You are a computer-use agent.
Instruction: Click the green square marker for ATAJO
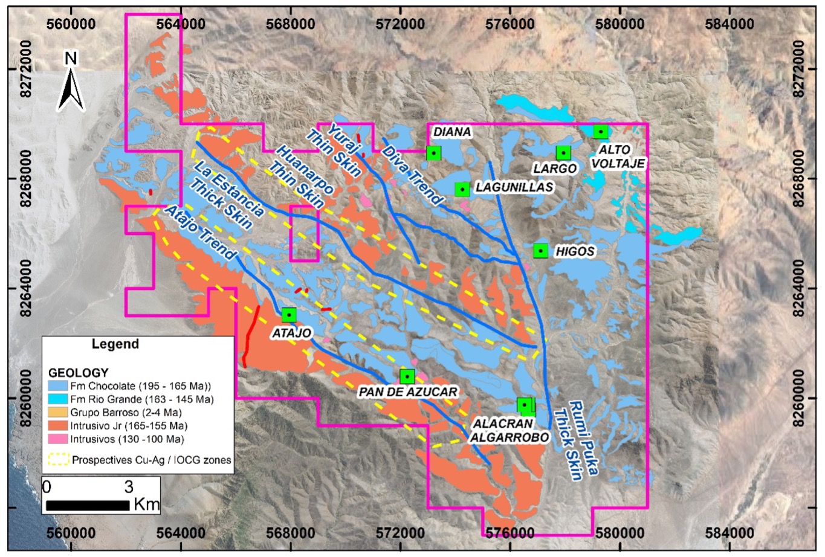tap(290, 315)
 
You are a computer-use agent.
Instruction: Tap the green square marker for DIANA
tap(433, 153)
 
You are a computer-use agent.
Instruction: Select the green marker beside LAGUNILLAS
tap(462, 189)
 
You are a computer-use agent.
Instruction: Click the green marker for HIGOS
tap(540, 251)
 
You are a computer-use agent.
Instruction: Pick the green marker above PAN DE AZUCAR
tap(407, 376)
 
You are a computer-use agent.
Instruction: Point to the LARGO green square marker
tap(563, 153)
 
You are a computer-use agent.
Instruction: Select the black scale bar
tap(88, 504)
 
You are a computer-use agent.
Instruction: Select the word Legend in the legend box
tap(115, 344)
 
